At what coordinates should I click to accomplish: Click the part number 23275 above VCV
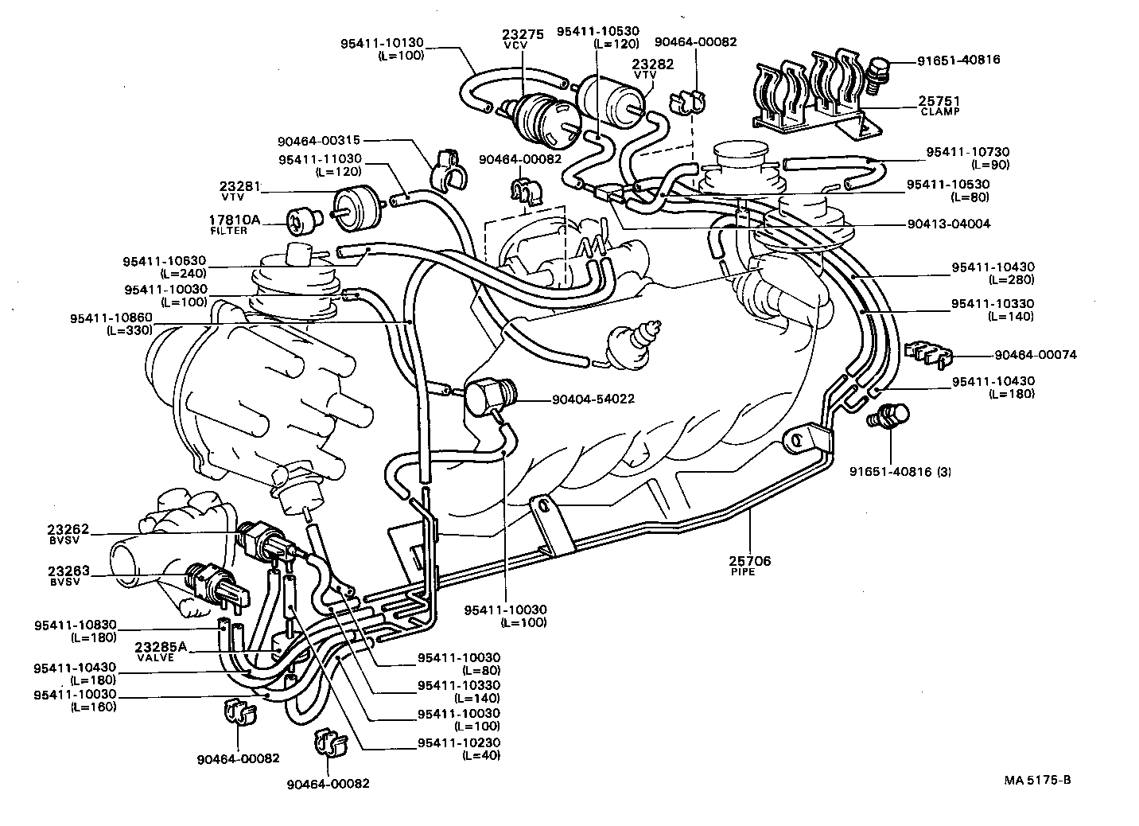tap(522, 34)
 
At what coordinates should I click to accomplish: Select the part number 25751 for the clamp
tap(939, 101)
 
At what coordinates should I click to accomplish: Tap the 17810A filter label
tap(234, 220)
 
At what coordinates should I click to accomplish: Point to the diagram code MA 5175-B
tap(1043, 780)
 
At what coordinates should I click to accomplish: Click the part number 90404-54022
tap(593, 398)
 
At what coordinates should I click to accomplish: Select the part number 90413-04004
tap(948, 224)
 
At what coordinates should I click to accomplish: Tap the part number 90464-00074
tap(1035, 355)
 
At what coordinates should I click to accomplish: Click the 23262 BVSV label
tap(68, 528)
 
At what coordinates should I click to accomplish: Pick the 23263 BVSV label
tap(68, 571)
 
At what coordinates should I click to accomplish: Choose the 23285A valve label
tap(160, 647)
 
